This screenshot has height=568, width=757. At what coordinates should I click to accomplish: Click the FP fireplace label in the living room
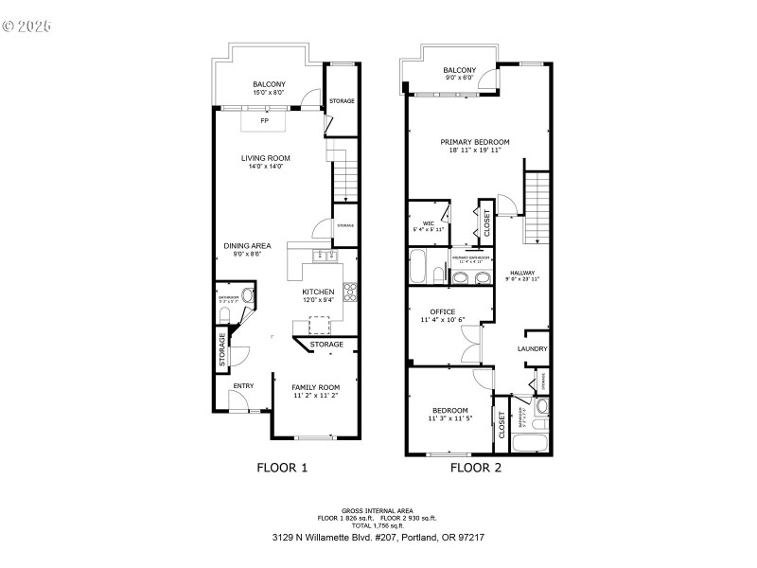click(x=265, y=121)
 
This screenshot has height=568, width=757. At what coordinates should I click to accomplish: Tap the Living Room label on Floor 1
click(x=269, y=158)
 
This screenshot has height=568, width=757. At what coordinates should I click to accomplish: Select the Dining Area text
click(x=247, y=245)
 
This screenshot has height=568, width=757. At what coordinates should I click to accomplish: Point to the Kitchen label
click(x=318, y=292)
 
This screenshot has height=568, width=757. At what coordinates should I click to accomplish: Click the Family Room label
click(x=315, y=387)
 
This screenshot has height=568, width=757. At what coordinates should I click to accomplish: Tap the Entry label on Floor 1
click(x=243, y=385)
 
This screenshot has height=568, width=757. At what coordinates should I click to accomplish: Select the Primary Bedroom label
click(x=475, y=142)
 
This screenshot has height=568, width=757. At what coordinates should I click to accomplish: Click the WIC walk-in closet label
click(x=428, y=223)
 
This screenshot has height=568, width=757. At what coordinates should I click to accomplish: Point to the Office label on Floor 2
click(x=442, y=311)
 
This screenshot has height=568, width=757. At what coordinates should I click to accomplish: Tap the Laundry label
click(x=533, y=349)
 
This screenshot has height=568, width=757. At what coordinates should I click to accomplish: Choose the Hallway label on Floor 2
click(x=522, y=273)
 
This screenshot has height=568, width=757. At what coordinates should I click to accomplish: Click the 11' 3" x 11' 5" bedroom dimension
click(x=449, y=417)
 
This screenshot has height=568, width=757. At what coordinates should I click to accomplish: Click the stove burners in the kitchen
click(x=350, y=290)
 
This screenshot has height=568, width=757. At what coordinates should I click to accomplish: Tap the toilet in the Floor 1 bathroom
click(x=247, y=295)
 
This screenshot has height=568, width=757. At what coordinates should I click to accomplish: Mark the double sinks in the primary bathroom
click(x=471, y=277)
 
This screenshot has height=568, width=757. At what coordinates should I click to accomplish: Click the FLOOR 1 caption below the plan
click(x=283, y=467)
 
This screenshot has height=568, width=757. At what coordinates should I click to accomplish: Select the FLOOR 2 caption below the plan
click(x=476, y=467)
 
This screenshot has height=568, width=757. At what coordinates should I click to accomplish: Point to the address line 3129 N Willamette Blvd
click(x=378, y=537)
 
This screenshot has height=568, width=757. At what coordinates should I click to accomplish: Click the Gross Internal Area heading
click(x=378, y=511)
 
